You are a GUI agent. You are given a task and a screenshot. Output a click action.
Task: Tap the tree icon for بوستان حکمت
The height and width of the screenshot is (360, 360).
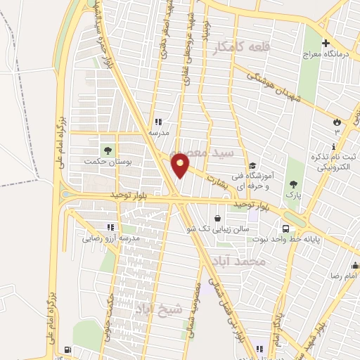(x=108, y=149)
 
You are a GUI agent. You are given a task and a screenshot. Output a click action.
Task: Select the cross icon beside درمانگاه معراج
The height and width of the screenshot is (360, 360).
(x=325, y=43)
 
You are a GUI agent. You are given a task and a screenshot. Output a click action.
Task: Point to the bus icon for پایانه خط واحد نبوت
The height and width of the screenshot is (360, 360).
(x=285, y=229)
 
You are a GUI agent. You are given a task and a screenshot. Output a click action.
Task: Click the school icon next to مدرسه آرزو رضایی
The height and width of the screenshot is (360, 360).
(x=110, y=226)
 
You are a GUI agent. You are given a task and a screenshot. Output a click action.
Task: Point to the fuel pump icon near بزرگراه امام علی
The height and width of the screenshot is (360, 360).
(x=67, y=349)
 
